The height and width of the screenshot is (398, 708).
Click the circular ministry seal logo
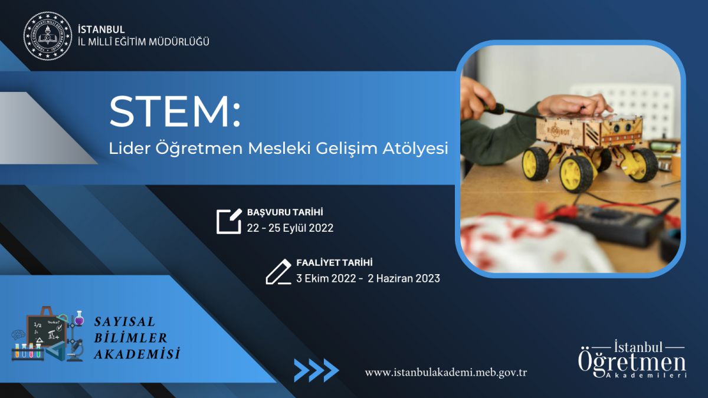(48, 35)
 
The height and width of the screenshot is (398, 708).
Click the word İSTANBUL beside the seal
(101, 29)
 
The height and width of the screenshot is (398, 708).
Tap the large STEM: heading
(175, 111)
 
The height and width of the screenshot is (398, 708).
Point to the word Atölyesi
(415, 149)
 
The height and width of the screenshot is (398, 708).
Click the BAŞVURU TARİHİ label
(285, 212)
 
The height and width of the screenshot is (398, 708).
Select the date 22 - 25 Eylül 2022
(290, 228)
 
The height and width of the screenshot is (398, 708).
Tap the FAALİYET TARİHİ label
(335, 262)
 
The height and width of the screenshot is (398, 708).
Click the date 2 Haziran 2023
(404, 278)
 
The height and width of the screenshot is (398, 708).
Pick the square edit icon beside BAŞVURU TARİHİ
(229, 222)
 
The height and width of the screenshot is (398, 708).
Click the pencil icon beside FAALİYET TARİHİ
(278, 272)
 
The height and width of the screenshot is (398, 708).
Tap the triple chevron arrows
(316, 370)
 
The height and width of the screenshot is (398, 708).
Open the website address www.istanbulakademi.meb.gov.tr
(446, 373)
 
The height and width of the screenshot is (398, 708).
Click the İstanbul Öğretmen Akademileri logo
(632, 359)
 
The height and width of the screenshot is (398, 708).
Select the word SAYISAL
(125, 322)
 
